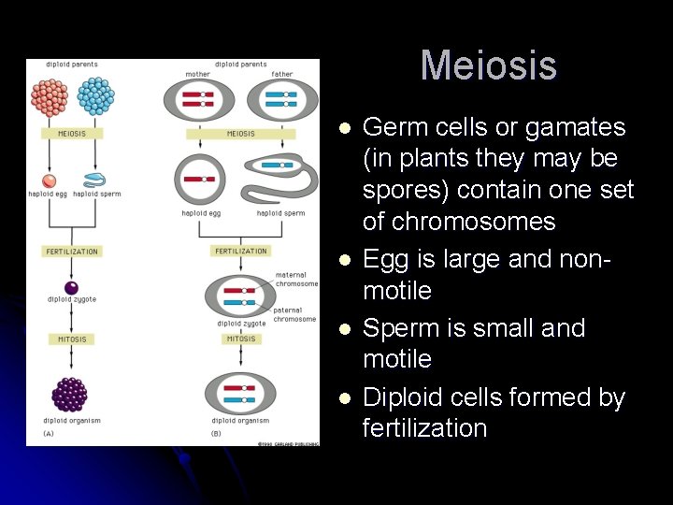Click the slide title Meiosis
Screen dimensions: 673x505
coord(488,65)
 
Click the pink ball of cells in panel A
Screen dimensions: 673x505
coord(50,95)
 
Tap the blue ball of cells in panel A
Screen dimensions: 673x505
coord(94,95)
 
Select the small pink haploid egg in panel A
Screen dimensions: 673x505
coord(50,180)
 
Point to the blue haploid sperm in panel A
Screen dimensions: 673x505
coord(94,180)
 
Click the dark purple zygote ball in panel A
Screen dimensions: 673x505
coord(71,287)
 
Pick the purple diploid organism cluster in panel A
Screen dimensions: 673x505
coord(71,394)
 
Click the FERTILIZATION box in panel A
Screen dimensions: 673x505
coord(72,252)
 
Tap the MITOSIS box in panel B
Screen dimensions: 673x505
coord(240,339)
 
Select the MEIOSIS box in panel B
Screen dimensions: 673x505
coord(240,134)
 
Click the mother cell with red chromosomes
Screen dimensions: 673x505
coord(197,100)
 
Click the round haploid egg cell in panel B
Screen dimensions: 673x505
coord(199,179)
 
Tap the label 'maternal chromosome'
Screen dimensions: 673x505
coord(296,279)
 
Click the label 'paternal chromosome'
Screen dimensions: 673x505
coord(294,314)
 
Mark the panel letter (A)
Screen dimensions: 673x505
coord(50,434)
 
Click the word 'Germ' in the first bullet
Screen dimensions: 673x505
coord(389,127)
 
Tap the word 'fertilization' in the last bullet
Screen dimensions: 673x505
coord(424,428)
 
